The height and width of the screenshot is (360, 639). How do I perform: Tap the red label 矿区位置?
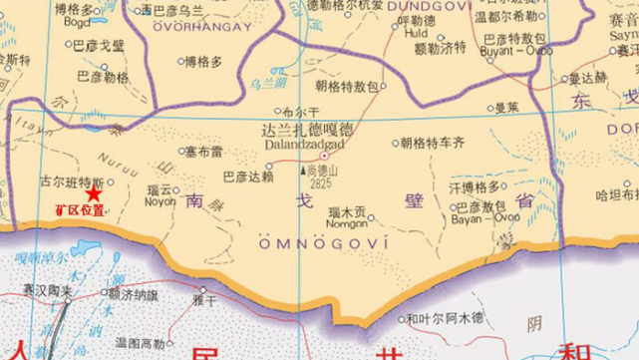tap(80, 210)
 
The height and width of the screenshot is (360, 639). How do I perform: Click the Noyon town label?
tap(160, 198)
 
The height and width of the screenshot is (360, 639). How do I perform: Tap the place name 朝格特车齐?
tap(433, 143)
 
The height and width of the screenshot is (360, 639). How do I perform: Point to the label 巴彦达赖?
tap(247, 177)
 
